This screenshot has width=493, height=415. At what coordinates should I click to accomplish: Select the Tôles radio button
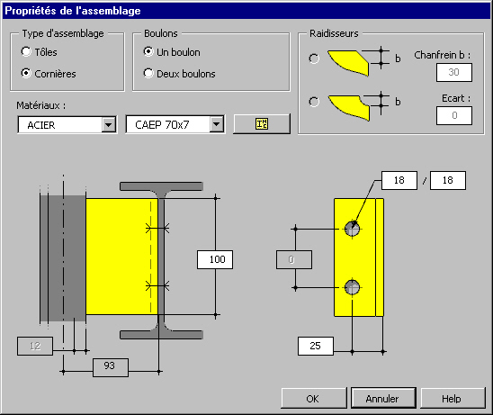(26, 51)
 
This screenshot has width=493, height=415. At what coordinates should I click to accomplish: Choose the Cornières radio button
(26, 73)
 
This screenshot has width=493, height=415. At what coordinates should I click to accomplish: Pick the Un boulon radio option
(148, 51)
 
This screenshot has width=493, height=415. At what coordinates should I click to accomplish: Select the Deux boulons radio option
(148, 73)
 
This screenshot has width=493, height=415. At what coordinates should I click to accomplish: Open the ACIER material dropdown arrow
(109, 125)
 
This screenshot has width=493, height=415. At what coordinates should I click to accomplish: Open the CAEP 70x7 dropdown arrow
(216, 124)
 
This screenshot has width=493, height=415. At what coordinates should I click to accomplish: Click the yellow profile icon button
(262, 124)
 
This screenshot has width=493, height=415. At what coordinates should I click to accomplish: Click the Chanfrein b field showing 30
(454, 72)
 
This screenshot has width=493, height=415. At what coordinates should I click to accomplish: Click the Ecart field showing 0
(454, 115)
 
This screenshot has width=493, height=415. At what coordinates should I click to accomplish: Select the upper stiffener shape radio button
(314, 59)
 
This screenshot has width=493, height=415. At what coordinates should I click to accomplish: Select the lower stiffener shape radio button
(314, 102)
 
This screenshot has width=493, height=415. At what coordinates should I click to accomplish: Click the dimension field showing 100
(215, 259)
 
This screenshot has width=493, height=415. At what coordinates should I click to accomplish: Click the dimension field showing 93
(111, 367)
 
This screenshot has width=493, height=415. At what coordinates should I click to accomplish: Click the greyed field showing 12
(35, 346)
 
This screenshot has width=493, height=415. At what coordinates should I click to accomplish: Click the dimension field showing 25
(316, 346)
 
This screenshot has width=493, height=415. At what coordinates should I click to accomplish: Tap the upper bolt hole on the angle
(352, 229)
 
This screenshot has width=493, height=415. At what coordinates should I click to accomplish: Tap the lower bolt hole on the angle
(352, 287)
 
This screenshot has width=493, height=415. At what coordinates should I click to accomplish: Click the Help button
(453, 398)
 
